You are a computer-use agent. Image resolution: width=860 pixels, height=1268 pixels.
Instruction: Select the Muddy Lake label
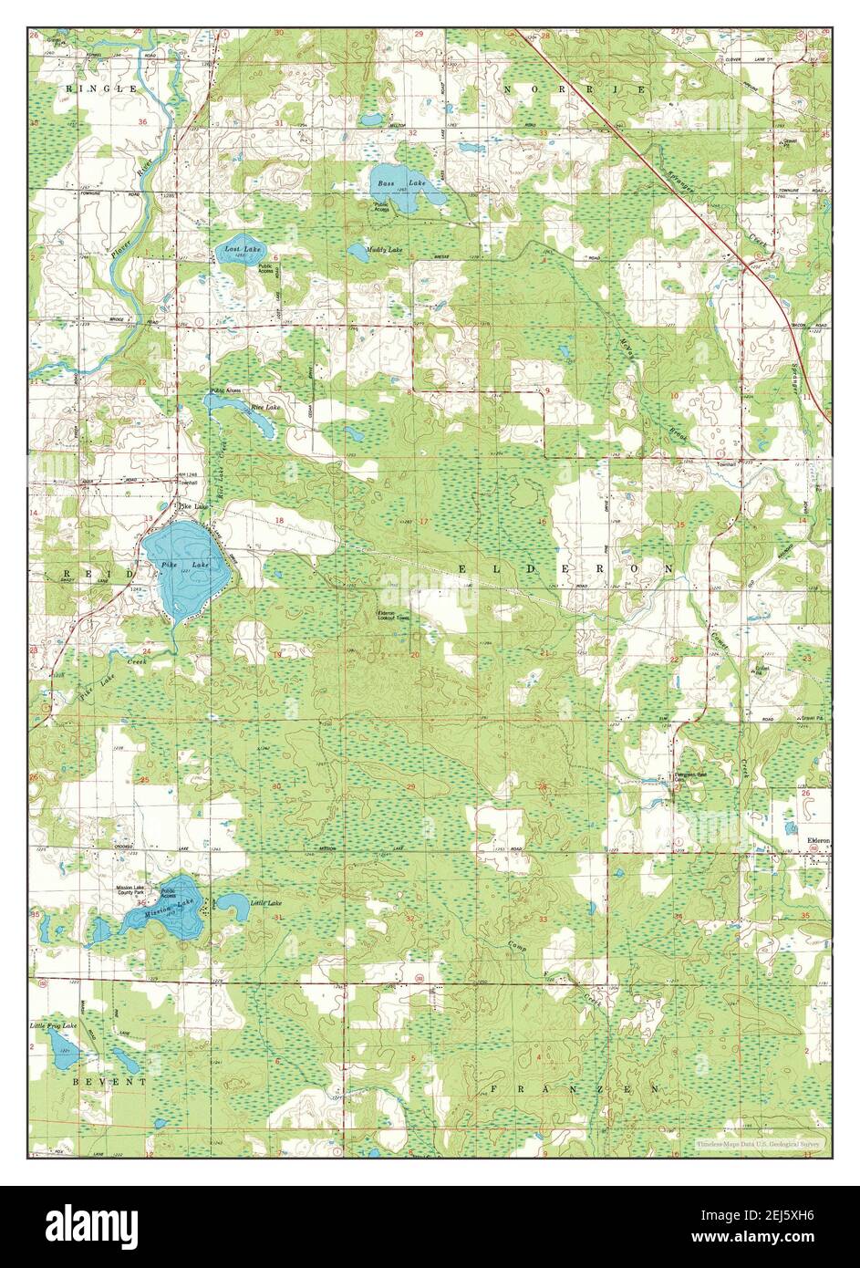[x=384, y=249]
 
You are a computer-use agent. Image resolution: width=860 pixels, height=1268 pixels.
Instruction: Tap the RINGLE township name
[x=102, y=88]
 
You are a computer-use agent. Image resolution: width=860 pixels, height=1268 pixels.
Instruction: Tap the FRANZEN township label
[x=575, y=1089]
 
